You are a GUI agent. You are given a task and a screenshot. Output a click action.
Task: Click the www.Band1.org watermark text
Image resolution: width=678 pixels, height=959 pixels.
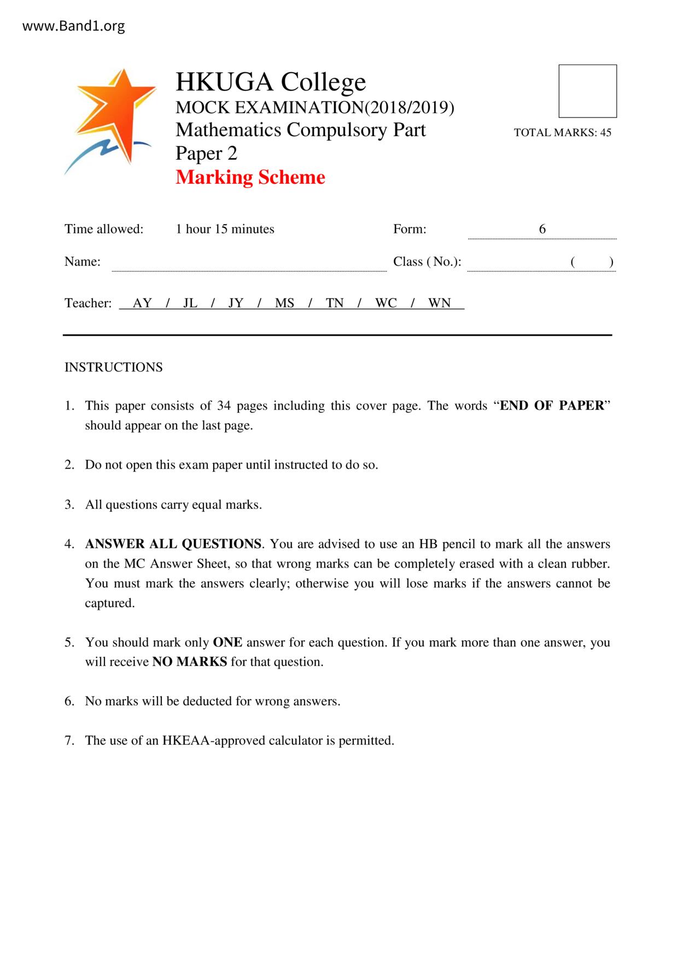(x=73, y=26)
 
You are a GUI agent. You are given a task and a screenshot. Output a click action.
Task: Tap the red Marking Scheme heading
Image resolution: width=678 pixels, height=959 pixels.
(x=250, y=177)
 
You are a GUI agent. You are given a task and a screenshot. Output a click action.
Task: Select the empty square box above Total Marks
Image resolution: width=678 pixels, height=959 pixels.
(x=587, y=91)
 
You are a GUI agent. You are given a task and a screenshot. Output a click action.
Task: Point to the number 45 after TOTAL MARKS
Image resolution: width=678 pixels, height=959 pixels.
(x=605, y=132)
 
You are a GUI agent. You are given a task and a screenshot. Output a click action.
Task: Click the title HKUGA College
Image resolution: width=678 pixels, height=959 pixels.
(x=270, y=82)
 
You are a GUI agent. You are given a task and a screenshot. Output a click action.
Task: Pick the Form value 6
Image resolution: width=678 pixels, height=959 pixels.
(x=542, y=229)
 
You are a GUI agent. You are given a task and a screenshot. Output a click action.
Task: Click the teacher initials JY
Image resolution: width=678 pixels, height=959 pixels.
(x=236, y=303)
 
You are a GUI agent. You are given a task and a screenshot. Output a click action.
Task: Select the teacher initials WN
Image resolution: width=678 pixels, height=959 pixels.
(x=439, y=303)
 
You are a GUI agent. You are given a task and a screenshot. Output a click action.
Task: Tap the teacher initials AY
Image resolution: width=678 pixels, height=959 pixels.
(x=142, y=303)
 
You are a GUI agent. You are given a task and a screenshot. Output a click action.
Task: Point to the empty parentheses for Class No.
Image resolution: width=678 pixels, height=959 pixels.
(x=592, y=262)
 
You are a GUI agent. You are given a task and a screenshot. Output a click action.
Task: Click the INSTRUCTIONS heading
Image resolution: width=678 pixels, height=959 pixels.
(x=114, y=367)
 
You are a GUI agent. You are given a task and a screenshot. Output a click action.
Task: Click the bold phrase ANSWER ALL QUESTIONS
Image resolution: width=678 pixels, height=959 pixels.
(x=173, y=544)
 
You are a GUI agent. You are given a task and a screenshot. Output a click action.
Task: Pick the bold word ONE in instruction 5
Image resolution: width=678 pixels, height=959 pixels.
(x=227, y=642)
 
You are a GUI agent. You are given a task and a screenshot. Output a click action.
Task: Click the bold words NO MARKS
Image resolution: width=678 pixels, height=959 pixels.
(x=189, y=662)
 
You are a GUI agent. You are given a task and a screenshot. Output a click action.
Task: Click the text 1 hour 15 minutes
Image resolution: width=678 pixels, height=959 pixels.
(x=225, y=229)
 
